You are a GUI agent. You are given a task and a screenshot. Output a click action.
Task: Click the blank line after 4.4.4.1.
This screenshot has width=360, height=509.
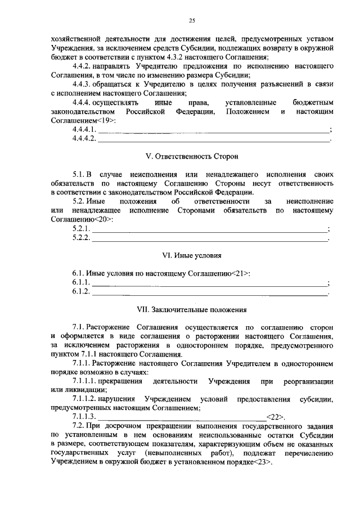pyautogui.click(x=214, y=130)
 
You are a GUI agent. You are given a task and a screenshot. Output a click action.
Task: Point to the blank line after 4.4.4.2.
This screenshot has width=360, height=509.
pyautogui.click(x=214, y=139)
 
